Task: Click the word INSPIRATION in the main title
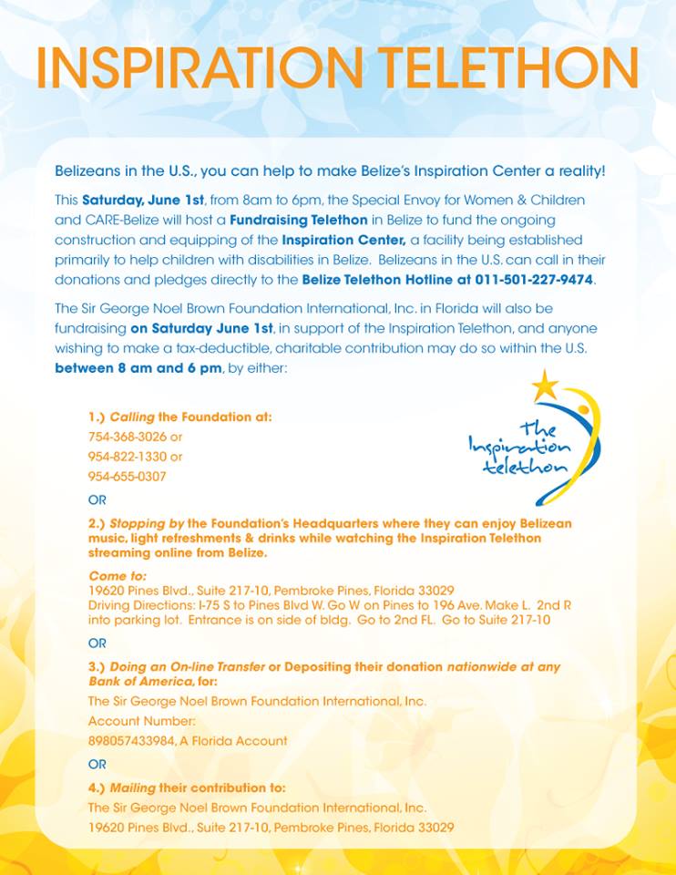pyautogui.click(x=198, y=67)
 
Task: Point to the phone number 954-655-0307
pyautogui.click(x=128, y=477)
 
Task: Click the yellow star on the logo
pyautogui.click(x=545, y=386)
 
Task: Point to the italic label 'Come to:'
pyautogui.click(x=117, y=577)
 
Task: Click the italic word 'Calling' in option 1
pyautogui.click(x=132, y=417)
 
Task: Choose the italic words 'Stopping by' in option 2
pyautogui.click(x=147, y=524)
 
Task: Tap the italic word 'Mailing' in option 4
pyautogui.click(x=133, y=787)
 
